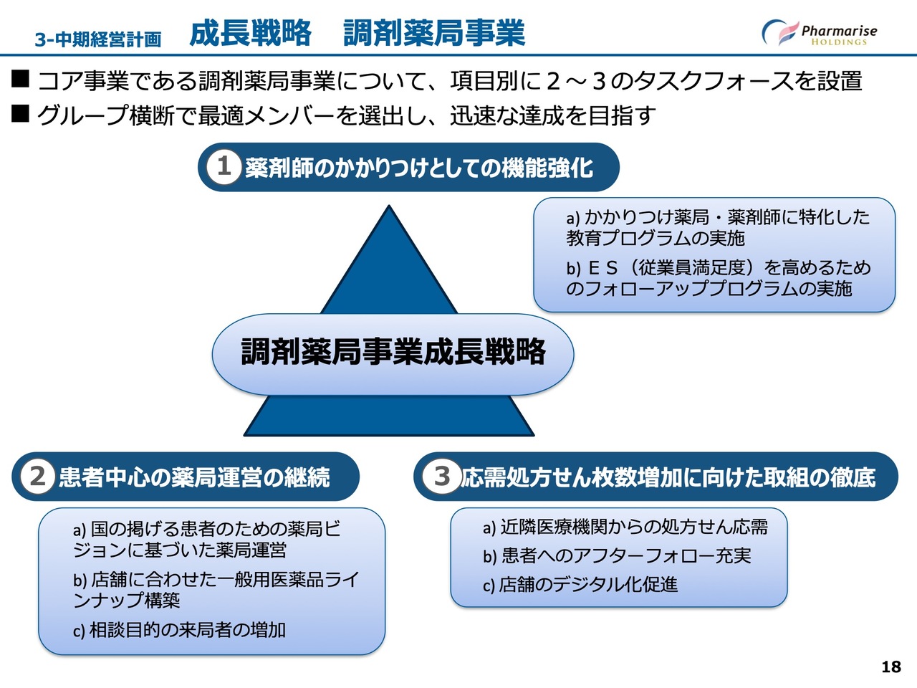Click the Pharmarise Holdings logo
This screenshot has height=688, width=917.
click(820, 33)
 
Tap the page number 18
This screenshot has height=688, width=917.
click(890, 667)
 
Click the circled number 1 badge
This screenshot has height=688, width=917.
click(224, 167)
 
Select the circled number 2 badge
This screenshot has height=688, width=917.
click(37, 476)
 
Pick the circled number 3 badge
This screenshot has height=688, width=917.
click(441, 476)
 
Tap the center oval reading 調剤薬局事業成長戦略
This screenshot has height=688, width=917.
click(393, 353)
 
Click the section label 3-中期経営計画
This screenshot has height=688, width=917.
click(98, 39)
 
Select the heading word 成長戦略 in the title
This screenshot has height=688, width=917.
click(251, 33)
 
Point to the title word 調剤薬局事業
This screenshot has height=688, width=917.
click(434, 33)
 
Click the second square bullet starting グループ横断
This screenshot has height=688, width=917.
click(20, 113)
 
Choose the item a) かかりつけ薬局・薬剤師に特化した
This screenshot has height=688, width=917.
click(716, 227)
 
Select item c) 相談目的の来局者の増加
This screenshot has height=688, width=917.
click(179, 630)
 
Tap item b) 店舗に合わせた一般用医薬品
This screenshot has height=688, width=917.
click(215, 589)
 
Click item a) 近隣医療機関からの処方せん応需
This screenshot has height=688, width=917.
click(625, 527)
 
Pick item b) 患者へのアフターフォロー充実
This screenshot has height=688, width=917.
click(616, 555)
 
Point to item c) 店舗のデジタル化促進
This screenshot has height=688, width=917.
click(580, 585)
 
